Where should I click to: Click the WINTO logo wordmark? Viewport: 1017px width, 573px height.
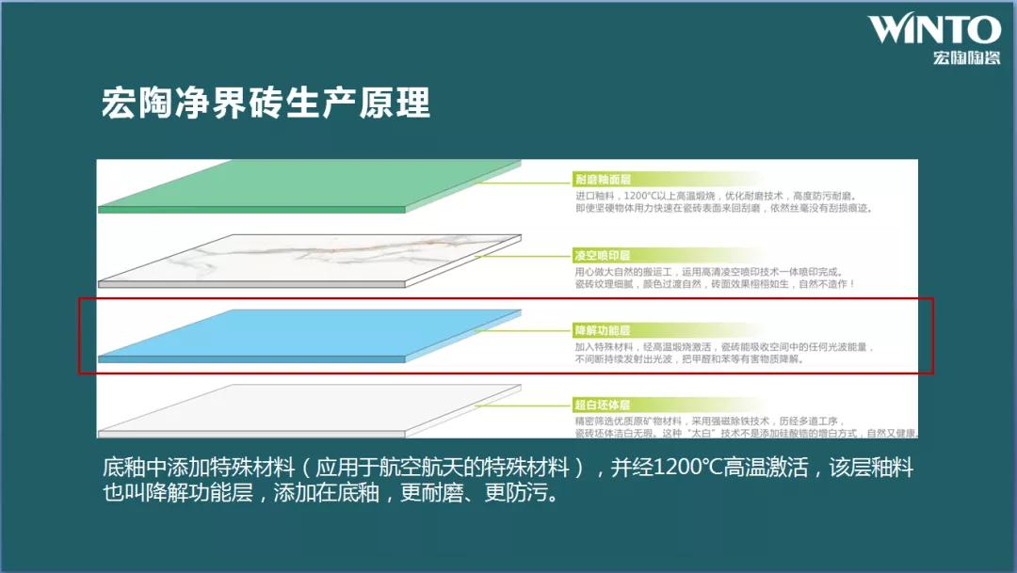pyautogui.click(x=933, y=29)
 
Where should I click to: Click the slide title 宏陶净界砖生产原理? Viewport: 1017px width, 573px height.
pyautogui.click(x=266, y=103)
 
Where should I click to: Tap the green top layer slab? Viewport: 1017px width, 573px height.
pyautogui.click(x=311, y=187)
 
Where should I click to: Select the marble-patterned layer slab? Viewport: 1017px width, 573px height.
pyautogui.click(x=311, y=259)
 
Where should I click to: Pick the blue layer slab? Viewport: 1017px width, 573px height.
pyautogui.click(x=311, y=336)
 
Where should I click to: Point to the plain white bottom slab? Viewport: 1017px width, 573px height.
pyautogui.click(x=311, y=409)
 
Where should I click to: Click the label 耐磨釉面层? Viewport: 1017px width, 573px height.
pyautogui.click(x=602, y=179)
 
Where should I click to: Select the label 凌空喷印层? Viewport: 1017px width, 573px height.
pyautogui.click(x=602, y=255)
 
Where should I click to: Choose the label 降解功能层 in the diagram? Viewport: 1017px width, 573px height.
pyautogui.click(x=602, y=330)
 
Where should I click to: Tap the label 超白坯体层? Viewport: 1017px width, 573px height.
pyautogui.click(x=602, y=406)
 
